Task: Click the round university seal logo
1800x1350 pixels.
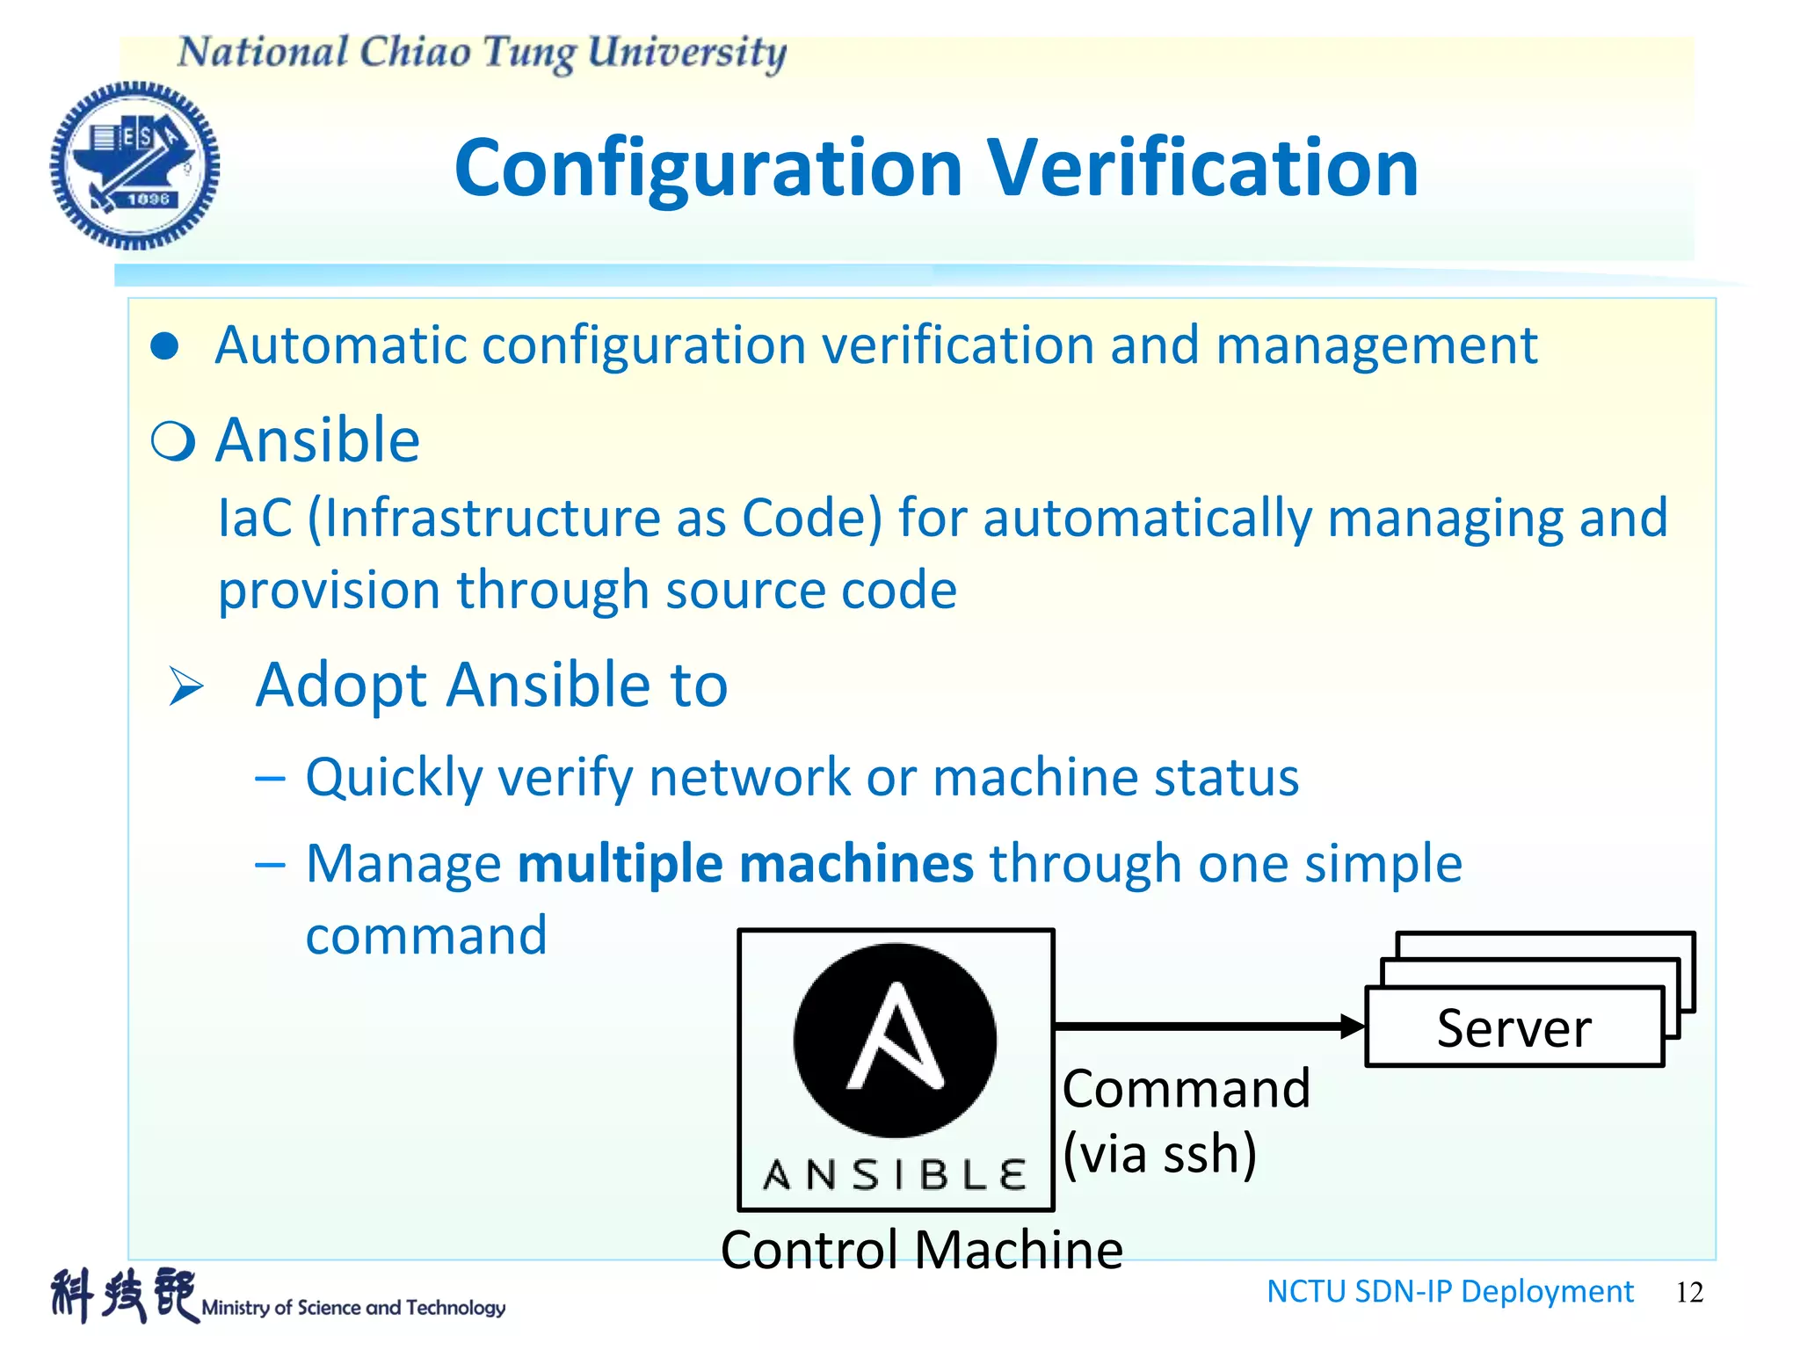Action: pos(134,165)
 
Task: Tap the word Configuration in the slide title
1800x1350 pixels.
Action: pos(708,169)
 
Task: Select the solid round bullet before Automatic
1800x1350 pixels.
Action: pos(164,345)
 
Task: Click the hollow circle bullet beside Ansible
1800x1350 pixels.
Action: pos(172,440)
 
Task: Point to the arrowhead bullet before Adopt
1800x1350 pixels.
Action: pos(185,686)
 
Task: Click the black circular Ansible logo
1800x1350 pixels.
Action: pos(895,1040)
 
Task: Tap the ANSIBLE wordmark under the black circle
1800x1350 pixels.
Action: pos(895,1174)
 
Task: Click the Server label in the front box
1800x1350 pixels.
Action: pos(1513,1027)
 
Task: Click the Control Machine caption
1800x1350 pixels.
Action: pos(921,1249)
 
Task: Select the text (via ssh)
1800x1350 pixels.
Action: pos(1159,1153)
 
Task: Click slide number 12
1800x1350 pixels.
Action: pos(1689,1292)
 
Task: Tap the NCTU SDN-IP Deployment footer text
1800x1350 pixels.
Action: pos(1449,1291)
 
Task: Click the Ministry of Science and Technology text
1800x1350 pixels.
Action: pos(353,1307)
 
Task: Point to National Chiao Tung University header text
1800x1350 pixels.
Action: pos(482,53)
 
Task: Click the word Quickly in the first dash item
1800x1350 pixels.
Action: pos(394,778)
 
